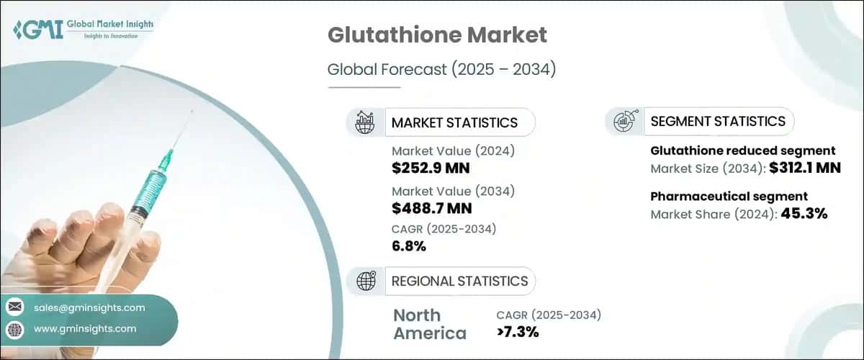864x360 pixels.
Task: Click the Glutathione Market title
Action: coord(437,36)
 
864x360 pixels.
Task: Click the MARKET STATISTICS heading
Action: coord(454,122)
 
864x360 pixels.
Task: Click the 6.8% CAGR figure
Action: coord(409,246)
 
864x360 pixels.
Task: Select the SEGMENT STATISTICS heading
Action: coord(718,122)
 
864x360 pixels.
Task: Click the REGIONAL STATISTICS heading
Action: coord(459,281)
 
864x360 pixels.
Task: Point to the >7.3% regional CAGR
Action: coord(518,332)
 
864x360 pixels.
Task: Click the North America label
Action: coord(429,324)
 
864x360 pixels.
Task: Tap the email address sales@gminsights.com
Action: coord(89,307)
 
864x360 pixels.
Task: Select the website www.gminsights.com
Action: coord(85,328)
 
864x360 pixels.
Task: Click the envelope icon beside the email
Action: coord(15,307)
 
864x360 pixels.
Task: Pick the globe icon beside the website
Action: coord(15,329)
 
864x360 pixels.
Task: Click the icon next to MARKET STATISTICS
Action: coord(366,122)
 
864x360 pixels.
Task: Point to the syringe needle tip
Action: coord(194,112)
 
